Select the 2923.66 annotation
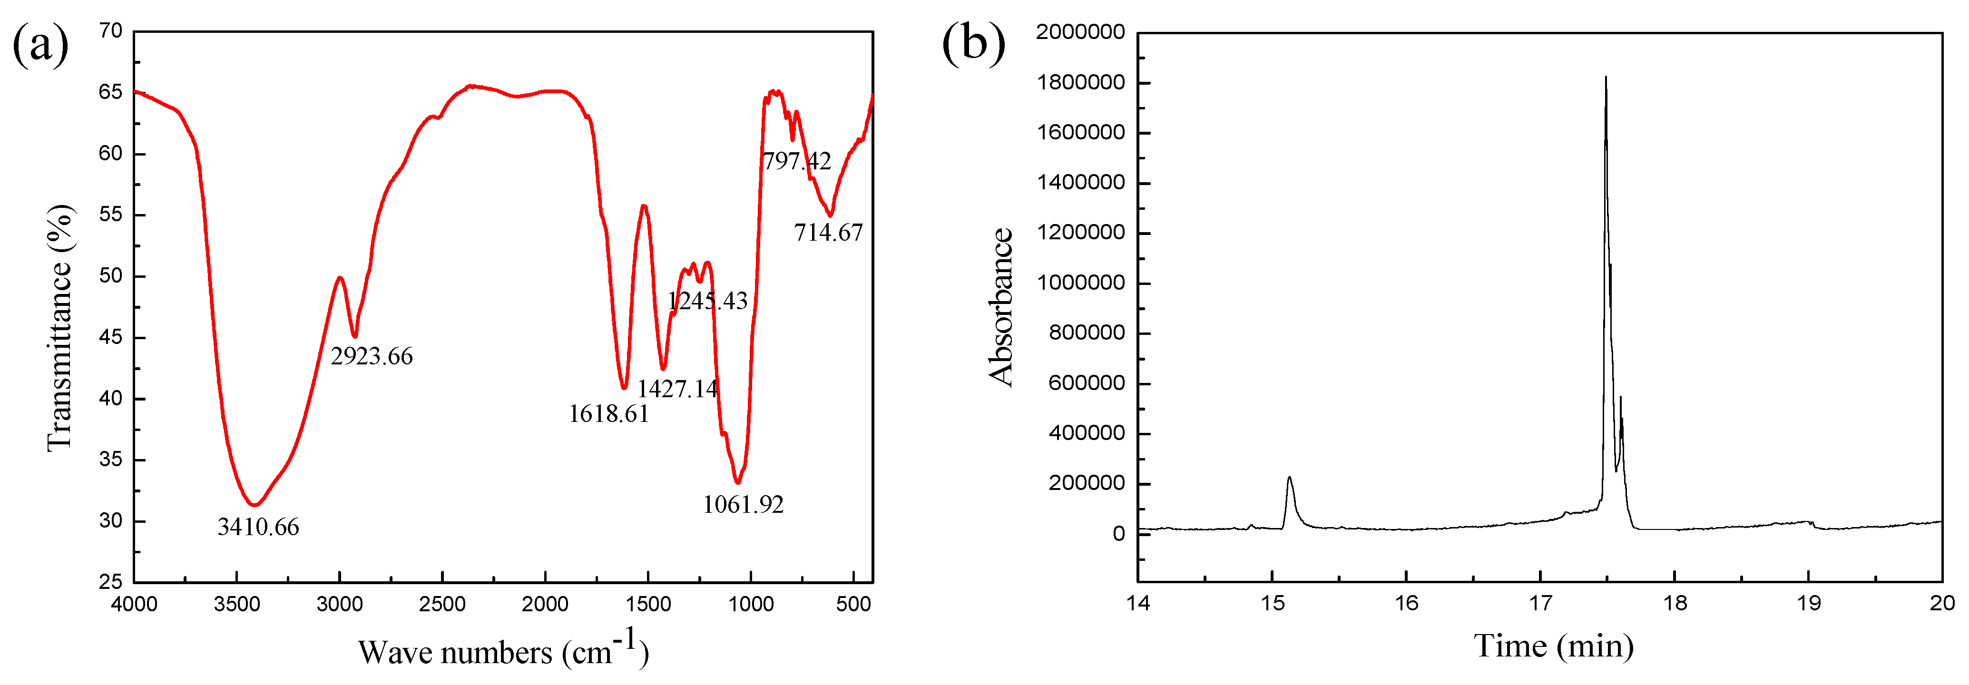372,356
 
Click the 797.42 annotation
796,161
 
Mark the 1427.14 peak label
677,389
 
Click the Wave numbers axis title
503,651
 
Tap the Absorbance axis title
1000,307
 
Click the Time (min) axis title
1553,647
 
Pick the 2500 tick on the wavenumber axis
442,605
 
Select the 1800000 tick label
1081,83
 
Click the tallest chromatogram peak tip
1606,77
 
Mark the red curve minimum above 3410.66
255,505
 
